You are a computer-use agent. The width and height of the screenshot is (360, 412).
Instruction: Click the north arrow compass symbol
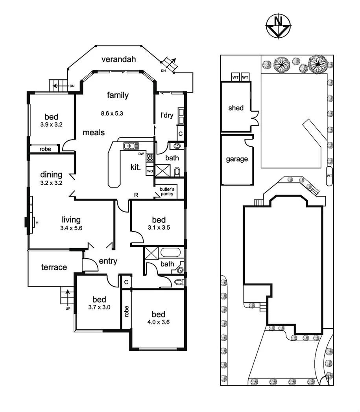click(279, 27)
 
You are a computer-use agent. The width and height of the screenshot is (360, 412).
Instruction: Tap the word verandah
click(118, 60)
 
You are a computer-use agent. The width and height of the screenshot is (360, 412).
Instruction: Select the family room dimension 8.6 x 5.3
click(113, 114)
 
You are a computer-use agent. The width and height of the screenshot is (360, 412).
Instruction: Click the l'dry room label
click(167, 116)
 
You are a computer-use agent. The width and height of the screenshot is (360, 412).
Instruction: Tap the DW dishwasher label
click(141, 154)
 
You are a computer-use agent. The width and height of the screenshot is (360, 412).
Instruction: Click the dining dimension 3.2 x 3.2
click(51, 182)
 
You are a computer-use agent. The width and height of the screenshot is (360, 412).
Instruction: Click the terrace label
click(54, 267)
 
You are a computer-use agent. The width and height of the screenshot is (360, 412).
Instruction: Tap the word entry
click(108, 261)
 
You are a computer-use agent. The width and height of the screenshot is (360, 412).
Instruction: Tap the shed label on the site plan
click(236, 108)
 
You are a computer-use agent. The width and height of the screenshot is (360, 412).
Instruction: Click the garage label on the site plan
click(237, 159)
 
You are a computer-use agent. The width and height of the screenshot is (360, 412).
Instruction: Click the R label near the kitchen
click(136, 195)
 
